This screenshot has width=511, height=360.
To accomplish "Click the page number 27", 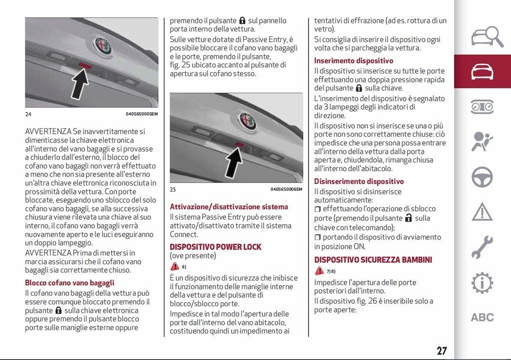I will point(442,351).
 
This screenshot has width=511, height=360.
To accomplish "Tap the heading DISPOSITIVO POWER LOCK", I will point(216,247).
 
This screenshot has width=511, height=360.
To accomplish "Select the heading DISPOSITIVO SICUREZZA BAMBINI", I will point(373,260).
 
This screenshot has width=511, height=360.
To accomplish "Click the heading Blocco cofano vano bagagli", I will point(70,283).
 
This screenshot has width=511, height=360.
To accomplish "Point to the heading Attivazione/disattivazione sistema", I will point(229,206).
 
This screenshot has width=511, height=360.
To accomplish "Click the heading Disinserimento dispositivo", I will point(359,181).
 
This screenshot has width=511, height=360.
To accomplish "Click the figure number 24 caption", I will point(28,114).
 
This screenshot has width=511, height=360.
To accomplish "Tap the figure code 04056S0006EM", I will point(286,189).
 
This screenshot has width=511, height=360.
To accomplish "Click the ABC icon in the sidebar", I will point(482,317).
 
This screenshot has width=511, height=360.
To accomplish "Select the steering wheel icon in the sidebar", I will point(482,177).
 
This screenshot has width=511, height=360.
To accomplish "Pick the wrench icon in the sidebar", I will point(482,247).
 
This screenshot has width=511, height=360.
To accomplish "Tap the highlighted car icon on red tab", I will point(482,72).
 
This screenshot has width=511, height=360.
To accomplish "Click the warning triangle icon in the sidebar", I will point(482,212).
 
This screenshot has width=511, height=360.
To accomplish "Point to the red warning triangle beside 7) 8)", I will point(320,271).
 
